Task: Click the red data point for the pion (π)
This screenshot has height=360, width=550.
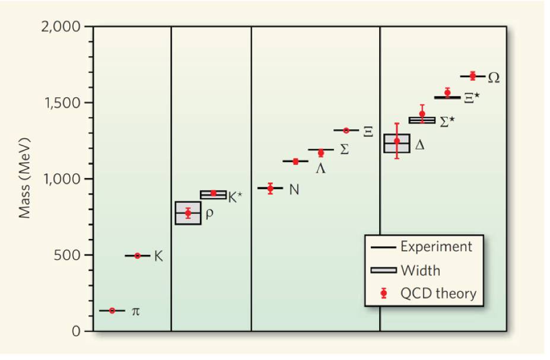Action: point(112,310)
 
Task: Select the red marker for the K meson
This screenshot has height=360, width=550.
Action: point(138,256)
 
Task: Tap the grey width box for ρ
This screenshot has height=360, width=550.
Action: point(187,214)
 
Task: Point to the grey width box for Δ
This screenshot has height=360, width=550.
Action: point(396,143)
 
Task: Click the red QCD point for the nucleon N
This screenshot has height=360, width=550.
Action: point(270,189)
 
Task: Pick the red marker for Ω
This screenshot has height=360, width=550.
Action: point(473,76)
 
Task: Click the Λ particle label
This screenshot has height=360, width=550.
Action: point(320,168)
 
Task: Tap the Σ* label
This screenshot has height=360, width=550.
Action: point(447,122)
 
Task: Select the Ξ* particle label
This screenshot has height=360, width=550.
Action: point(472,97)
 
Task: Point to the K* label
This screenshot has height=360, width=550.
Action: point(236,197)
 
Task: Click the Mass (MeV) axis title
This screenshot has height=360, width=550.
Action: point(24,179)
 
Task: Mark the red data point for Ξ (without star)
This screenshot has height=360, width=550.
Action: point(346,130)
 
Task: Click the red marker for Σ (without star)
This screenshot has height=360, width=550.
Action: point(321,152)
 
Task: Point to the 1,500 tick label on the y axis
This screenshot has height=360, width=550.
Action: point(65,103)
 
